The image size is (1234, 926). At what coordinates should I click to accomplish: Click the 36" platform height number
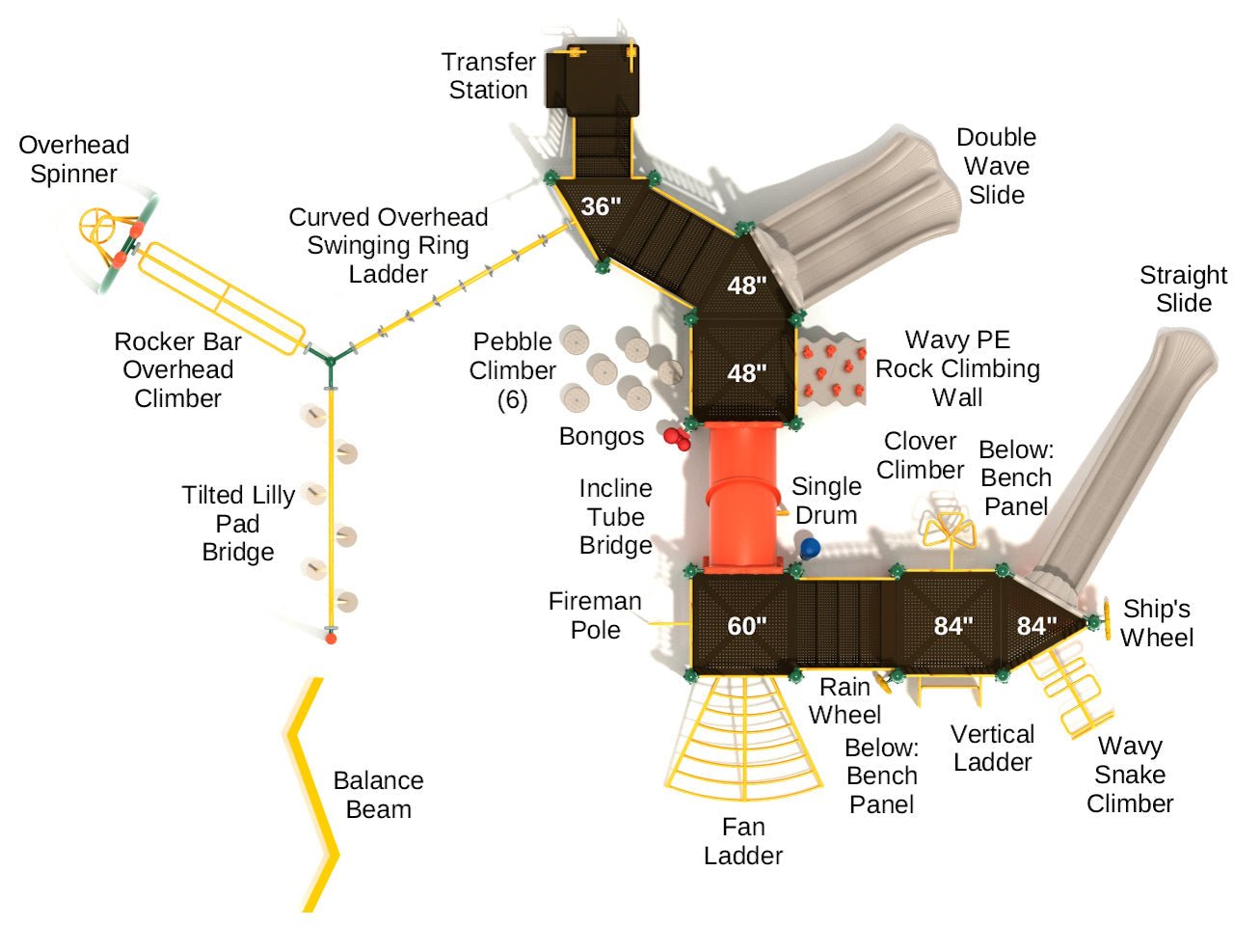(x=600, y=206)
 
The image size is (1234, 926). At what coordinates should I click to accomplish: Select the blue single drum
(x=810, y=549)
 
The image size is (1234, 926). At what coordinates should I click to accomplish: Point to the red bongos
(x=677, y=438)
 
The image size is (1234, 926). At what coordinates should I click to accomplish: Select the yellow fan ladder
(x=743, y=742)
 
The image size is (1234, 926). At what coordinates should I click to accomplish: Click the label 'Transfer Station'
(x=488, y=76)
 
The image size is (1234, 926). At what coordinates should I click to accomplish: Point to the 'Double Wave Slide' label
(x=996, y=166)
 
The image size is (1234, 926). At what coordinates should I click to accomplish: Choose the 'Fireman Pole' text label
(x=595, y=615)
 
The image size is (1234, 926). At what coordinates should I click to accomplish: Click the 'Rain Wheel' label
(x=845, y=701)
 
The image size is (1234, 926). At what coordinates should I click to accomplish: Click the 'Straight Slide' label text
(x=1183, y=288)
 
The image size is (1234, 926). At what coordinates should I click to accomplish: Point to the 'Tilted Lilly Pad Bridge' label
(x=238, y=523)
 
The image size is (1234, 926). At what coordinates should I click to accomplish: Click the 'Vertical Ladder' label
(x=992, y=748)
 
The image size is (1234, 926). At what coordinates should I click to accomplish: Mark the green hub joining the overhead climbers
(x=331, y=360)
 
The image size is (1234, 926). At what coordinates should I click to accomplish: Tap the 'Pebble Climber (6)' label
(x=512, y=369)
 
